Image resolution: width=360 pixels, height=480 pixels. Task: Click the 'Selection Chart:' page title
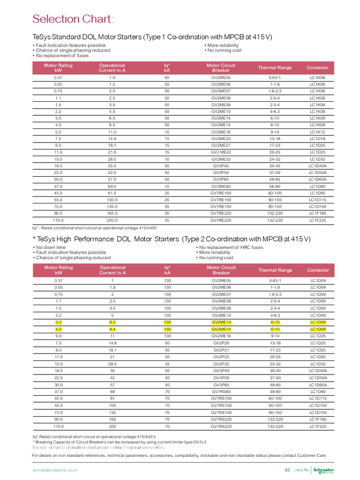(73, 19)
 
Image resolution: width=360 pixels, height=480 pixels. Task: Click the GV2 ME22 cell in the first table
(221, 152)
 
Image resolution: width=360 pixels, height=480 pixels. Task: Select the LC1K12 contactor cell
(317, 132)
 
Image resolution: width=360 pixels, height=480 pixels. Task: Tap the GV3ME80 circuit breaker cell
(221, 186)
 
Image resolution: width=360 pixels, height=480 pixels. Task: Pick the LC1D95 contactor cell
(317, 193)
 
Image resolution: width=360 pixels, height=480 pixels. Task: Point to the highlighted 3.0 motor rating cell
(59, 322)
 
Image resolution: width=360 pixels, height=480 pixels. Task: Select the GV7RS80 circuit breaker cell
(221, 391)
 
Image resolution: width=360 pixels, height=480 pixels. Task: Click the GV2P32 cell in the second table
(221, 363)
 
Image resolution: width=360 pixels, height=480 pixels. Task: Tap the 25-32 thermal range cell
(275, 363)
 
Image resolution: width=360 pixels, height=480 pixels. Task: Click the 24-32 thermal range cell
(275, 159)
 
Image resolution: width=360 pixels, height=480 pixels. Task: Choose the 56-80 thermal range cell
(275, 186)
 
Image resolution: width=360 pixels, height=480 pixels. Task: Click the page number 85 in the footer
(287, 470)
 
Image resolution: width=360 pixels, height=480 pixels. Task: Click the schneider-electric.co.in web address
(54, 470)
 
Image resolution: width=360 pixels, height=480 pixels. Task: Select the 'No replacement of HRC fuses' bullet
(231, 247)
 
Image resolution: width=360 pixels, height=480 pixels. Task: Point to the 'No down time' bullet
(49, 247)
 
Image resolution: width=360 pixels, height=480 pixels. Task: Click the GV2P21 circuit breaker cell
(221, 350)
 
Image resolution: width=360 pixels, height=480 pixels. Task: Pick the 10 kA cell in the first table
(166, 159)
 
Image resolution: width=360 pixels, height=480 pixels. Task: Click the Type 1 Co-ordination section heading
(152, 37)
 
